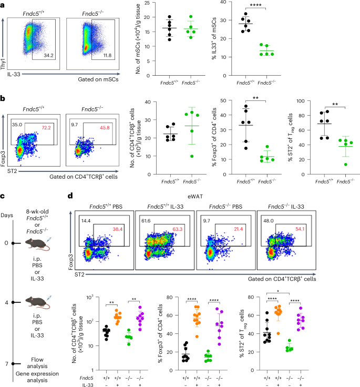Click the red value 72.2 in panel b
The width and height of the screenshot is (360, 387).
pos(49,114)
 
